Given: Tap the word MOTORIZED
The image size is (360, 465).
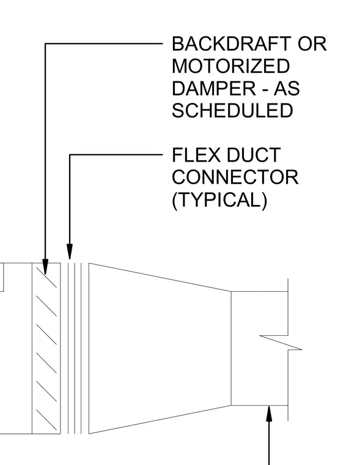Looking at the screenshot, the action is click(231, 66).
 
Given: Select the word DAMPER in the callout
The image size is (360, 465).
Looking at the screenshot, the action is click(214, 88).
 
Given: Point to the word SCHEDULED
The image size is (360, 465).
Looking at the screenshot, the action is click(232, 111).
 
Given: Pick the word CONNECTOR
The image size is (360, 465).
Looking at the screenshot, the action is click(235, 177).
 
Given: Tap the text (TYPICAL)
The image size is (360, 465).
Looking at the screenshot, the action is click(219, 200).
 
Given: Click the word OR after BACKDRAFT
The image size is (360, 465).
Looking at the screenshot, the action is click(312, 44).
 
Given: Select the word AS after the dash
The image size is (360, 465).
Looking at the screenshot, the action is click(287, 88).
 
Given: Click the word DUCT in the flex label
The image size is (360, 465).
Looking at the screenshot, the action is click(253, 155).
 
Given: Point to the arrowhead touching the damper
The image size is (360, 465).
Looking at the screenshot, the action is click(45, 266).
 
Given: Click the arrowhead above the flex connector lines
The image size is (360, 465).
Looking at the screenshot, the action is click(69, 251).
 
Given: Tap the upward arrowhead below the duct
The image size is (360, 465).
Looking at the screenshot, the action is click(269, 414).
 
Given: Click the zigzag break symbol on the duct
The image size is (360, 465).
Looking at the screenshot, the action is click(281, 343).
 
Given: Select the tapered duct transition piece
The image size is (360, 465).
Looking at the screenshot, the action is click(160, 349).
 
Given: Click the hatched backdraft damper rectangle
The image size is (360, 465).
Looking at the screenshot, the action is click(46, 349).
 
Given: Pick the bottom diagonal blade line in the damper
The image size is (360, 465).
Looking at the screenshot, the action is click(46, 420).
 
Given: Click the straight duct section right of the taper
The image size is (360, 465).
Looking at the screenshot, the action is click(260, 349).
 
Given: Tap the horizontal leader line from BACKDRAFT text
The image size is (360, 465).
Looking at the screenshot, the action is click(104, 43).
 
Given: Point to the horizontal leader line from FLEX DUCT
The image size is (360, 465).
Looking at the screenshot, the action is click(116, 155).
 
